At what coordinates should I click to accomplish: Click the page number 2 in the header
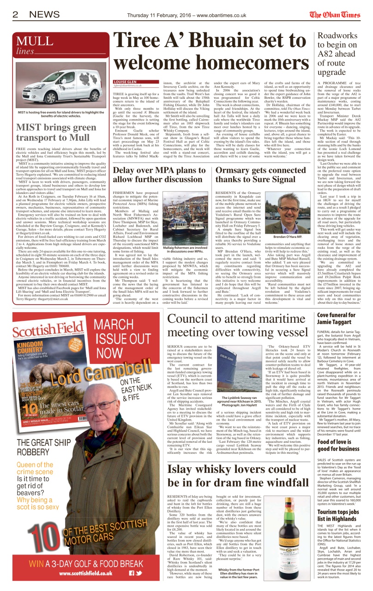pyautogui.click(x=15, y=14)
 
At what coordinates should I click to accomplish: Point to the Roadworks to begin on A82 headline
pyautogui.click(x=338, y=55)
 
